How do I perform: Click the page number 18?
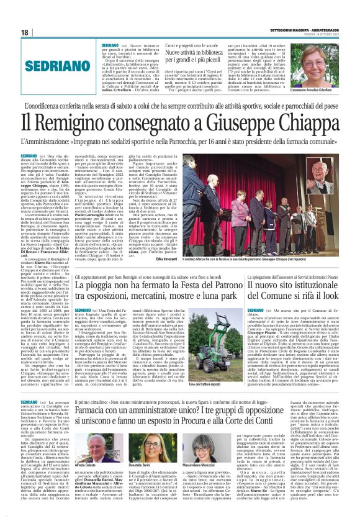(25, 32)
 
